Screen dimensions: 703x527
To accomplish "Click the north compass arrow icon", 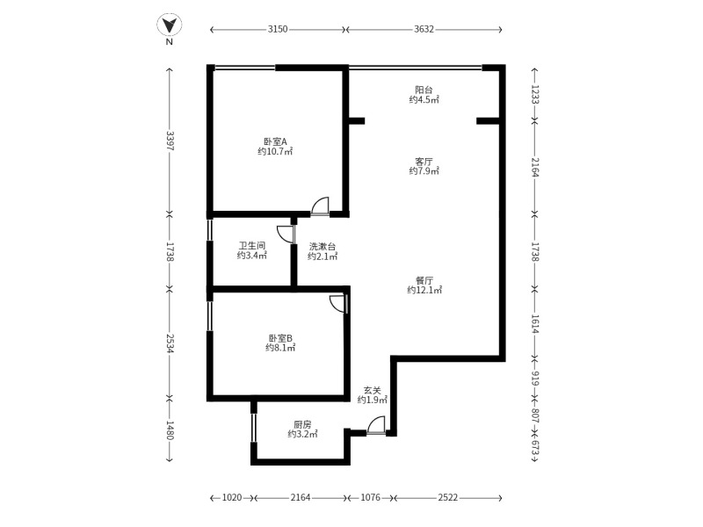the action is coord(170,25).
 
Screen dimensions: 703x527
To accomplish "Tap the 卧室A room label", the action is coord(275,141).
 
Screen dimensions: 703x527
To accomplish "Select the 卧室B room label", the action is coord(280,337).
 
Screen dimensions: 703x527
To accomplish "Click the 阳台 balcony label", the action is coord(424,90).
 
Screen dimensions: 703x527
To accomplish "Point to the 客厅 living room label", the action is coord(424,161).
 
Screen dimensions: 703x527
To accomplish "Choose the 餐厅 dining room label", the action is coord(424,280).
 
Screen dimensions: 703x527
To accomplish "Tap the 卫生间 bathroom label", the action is coord(252,246).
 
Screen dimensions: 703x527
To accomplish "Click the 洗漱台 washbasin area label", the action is coord(323,246).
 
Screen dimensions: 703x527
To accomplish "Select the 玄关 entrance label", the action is coord(372,390).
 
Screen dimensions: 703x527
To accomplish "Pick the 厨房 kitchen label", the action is coord(302,424).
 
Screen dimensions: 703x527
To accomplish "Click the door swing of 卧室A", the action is coord(320,206).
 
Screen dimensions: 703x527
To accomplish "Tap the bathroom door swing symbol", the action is coord(286,234).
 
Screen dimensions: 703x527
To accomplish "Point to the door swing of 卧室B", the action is coord(338,304).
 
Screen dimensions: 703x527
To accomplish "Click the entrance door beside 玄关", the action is coord(376,424).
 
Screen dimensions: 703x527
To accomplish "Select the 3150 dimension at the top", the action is coord(278,29).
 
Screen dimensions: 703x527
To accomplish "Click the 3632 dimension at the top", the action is coord(424,29).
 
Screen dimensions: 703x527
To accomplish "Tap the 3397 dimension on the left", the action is coord(170,141).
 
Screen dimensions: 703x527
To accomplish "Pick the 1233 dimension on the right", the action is coord(535,95).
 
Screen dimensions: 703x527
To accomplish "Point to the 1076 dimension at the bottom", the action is coord(371,497).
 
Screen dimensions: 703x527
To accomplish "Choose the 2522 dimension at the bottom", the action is coord(448,497).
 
